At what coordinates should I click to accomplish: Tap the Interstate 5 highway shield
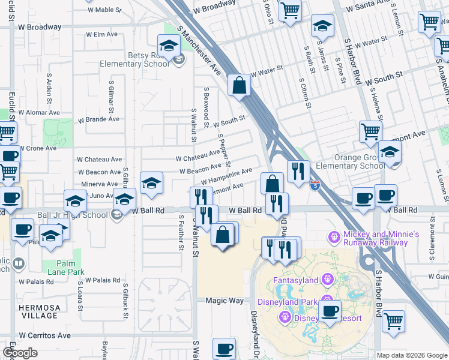[x=316, y=187]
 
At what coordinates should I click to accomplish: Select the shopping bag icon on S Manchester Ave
[x=240, y=86]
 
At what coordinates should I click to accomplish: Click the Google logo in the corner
[x=20, y=352]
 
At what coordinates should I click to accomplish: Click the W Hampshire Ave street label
[x=226, y=176]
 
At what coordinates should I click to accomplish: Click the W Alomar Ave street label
[x=39, y=112]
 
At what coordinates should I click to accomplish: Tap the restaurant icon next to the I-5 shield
[x=298, y=172]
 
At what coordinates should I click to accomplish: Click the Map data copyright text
[x=412, y=355]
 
